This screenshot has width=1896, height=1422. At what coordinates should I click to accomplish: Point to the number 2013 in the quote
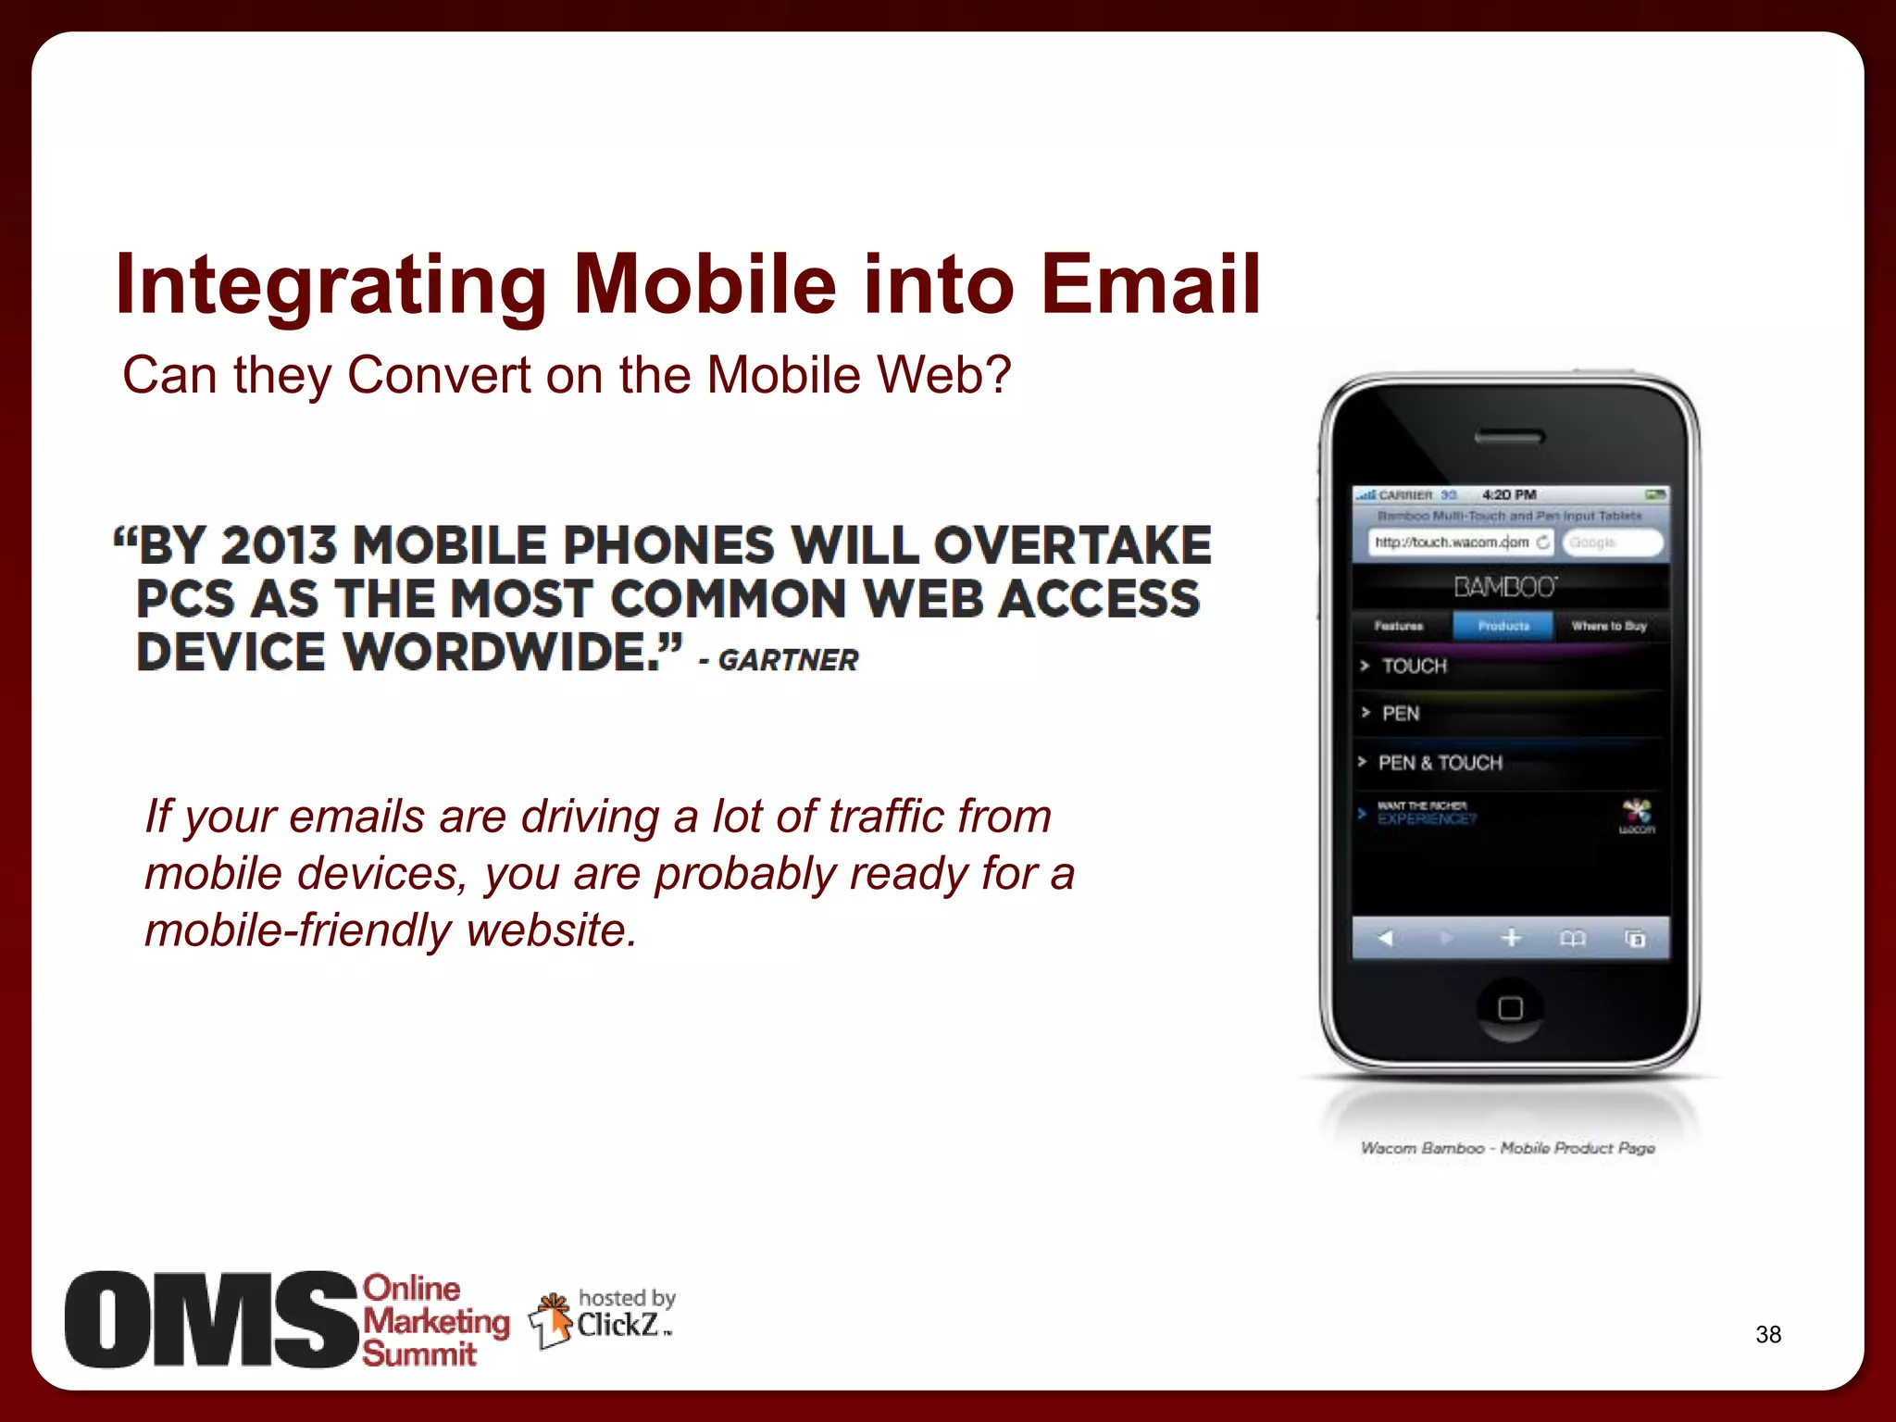coord(279,545)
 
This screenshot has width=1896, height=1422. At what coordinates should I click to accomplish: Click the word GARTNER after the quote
coord(788,660)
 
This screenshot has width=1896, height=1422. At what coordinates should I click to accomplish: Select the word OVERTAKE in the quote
coord(1072,545)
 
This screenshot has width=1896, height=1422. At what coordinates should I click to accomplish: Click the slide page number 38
coord(1767,1334)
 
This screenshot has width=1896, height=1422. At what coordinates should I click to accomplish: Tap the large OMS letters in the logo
coord(211,1319)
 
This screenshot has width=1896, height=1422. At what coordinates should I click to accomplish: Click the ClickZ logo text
coord(617,1325)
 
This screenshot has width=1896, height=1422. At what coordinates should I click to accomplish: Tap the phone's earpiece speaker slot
coord(1509,437)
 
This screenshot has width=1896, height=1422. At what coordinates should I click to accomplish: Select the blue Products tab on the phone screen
coord(1503,626)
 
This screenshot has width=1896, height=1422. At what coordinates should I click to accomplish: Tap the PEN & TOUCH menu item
coord(1440,763)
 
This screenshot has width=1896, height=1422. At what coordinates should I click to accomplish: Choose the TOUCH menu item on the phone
coord(1414,666)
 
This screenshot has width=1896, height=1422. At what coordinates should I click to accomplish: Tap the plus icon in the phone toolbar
coord(1511,939)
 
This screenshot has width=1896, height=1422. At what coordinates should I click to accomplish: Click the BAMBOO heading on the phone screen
coord(1505,587)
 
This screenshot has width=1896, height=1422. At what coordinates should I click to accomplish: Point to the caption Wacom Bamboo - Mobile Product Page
coord(1507,1148)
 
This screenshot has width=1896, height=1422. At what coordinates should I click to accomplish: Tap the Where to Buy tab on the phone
coord(1609,626)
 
